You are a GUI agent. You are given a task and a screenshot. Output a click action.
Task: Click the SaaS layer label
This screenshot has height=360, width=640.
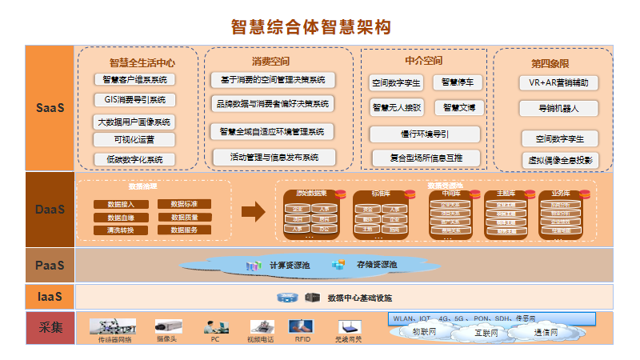[50, 107]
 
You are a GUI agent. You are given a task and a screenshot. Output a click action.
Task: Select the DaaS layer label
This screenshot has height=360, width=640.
[50, 210]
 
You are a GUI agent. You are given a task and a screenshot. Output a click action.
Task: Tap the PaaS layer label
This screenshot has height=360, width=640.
[50, 264]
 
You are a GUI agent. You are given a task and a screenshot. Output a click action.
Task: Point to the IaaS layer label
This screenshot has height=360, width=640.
[50, 297]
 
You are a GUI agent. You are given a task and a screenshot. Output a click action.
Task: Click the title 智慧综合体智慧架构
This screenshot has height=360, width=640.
[310, 26]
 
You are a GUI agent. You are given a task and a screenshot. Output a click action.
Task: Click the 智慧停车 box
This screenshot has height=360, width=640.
[458, 82]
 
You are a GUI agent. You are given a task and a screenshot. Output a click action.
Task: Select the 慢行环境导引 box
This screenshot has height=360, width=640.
[425, 134]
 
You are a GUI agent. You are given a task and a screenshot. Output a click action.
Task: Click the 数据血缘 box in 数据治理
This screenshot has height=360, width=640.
[121, 217]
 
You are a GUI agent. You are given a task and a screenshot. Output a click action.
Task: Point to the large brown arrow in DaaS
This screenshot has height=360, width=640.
[253, 211]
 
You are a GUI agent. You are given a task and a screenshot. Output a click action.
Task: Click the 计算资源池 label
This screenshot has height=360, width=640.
[289, 265]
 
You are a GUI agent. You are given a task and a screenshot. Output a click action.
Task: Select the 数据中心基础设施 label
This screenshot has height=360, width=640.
[359, 298]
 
